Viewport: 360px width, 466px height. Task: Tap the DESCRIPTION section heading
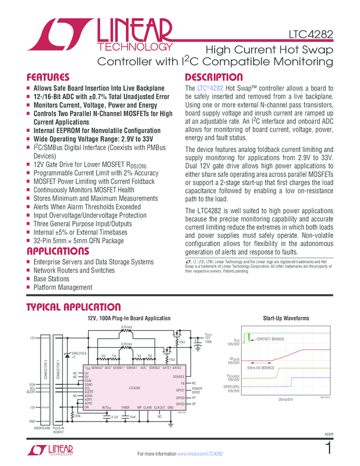[x=214, y=77]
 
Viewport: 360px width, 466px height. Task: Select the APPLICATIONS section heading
[x=58, y=252]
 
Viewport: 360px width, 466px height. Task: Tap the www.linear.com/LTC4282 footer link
[x=199, y=454]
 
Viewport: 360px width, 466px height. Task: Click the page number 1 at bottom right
[x=328, y=448]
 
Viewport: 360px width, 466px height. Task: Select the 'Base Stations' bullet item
[x=52, y=279]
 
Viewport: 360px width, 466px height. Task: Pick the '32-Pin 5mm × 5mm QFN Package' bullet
[x=78, y=241]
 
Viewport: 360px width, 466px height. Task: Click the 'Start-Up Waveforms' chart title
[x=285, y=318]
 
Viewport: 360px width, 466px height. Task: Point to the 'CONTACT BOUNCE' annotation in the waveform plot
[x=270, y=339]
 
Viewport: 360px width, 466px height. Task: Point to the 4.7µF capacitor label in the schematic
[x=115, y=417]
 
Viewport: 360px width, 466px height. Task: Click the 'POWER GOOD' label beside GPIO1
[x=197, y=391]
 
